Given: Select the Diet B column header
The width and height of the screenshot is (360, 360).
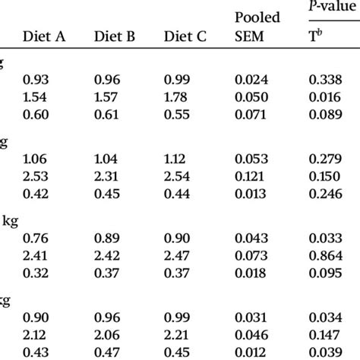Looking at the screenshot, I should [x=113, y=36].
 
